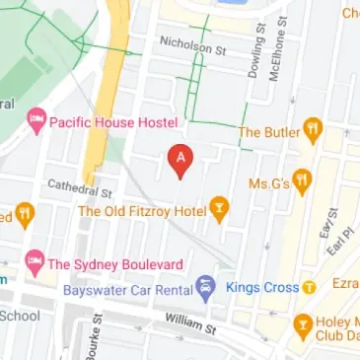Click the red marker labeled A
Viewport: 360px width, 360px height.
pos(180,160)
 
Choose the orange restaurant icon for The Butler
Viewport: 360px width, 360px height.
pos(313,129)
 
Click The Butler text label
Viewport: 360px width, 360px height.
pos(268,130)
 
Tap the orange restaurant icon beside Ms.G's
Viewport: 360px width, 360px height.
pos(302,181)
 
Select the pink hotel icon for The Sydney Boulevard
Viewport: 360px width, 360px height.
pos(35,263)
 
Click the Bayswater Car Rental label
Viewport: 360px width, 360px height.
pos(125,290)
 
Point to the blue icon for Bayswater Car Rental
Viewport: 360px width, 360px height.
pos(204,289)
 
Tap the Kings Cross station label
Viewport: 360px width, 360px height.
pos(260,288)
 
